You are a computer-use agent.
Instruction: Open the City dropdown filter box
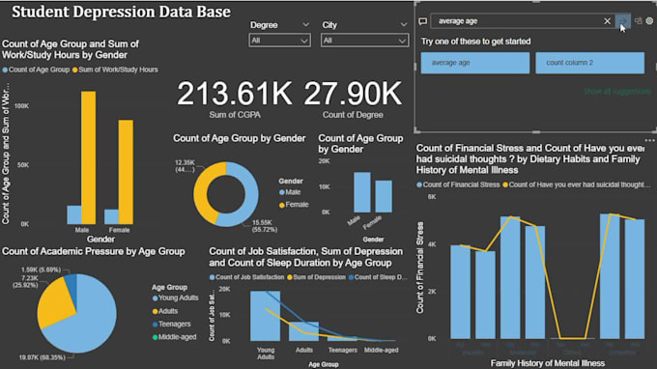(x=354, y=41)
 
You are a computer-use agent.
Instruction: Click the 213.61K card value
(x=234, y=94)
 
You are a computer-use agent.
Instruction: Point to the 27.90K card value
(x=353, y=94)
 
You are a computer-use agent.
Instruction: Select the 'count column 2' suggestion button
(x=589, y=63)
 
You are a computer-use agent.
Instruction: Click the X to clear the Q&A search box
(x=607, y=20)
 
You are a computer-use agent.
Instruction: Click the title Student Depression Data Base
(x=120, y=13)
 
